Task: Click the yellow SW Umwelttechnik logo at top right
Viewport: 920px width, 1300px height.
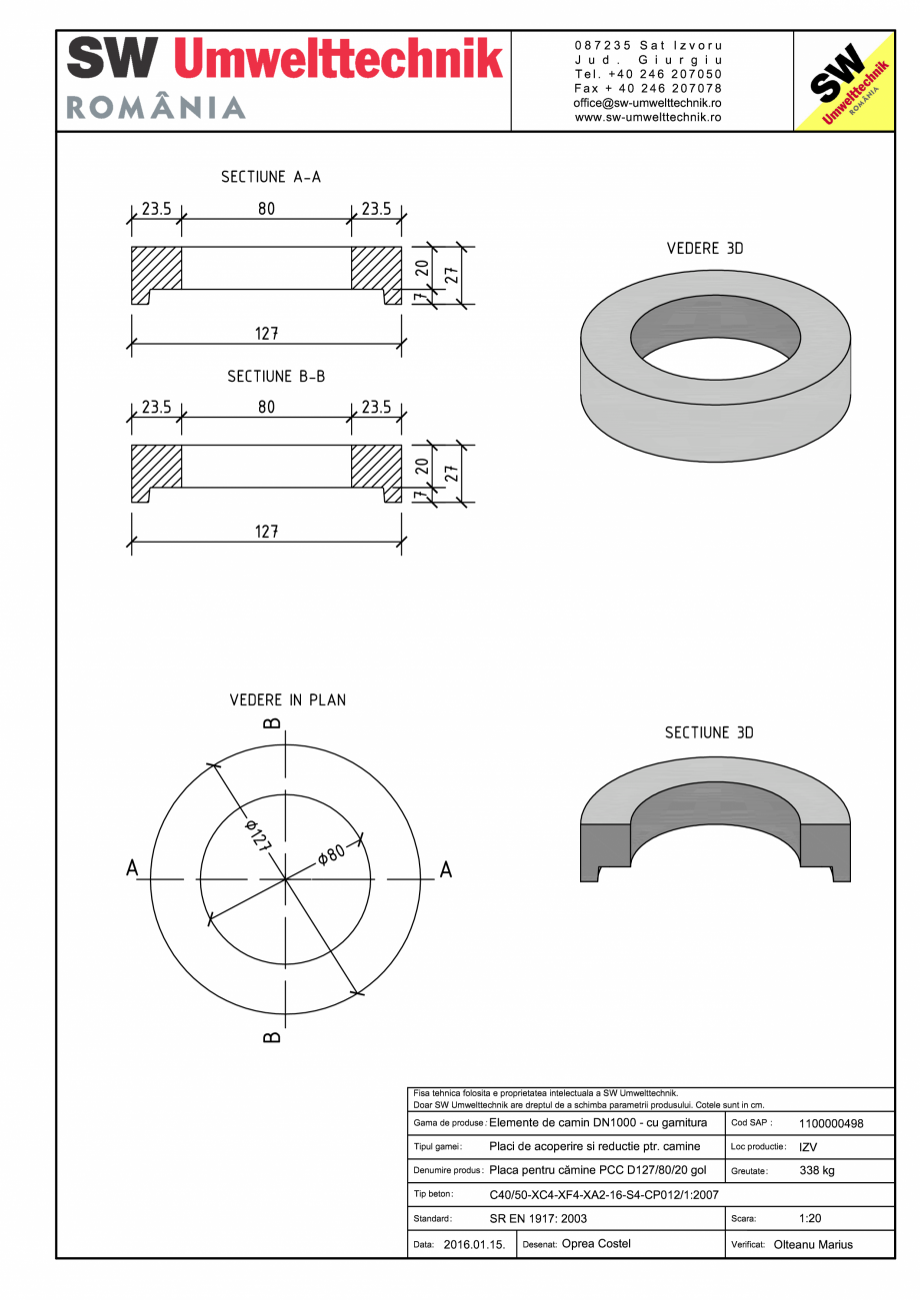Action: (843, 81)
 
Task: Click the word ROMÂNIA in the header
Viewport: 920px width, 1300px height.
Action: (156, 108)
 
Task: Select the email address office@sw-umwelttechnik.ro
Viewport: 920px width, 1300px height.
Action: (648, 103)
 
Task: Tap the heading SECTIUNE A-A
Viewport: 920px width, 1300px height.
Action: (271, 177)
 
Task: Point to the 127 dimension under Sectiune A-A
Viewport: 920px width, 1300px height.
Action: (266, 334)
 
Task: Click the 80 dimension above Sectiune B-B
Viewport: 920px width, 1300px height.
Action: (266, 408)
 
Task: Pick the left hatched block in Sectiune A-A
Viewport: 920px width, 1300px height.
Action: (157, 267)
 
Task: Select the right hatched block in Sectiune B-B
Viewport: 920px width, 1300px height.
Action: (375, 465)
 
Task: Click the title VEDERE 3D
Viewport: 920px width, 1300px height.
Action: (705, 248)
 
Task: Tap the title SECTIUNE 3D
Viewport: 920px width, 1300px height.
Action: (709, 732)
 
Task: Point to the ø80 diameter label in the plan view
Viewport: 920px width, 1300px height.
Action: (331, 855)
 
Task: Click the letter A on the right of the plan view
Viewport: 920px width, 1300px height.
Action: (446, 869)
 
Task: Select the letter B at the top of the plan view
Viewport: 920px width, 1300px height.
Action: (272, 722)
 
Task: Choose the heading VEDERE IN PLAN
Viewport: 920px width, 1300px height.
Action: (288, 699)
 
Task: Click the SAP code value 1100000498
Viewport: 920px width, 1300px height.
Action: (831, 1123)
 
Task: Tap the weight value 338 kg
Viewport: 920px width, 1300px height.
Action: (817, 1170)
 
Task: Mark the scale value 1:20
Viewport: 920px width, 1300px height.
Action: (811, 1219)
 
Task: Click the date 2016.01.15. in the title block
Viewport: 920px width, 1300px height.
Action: (474, 1245)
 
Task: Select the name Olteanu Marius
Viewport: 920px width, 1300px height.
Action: (813, 1245)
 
